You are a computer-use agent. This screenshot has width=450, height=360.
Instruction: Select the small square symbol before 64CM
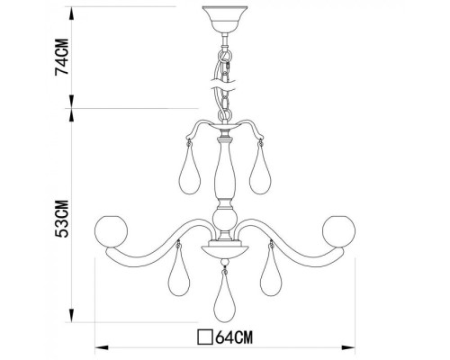point(205,339)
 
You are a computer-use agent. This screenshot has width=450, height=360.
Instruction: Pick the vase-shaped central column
point(223,171)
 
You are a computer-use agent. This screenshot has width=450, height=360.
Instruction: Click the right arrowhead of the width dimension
point(354,346)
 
